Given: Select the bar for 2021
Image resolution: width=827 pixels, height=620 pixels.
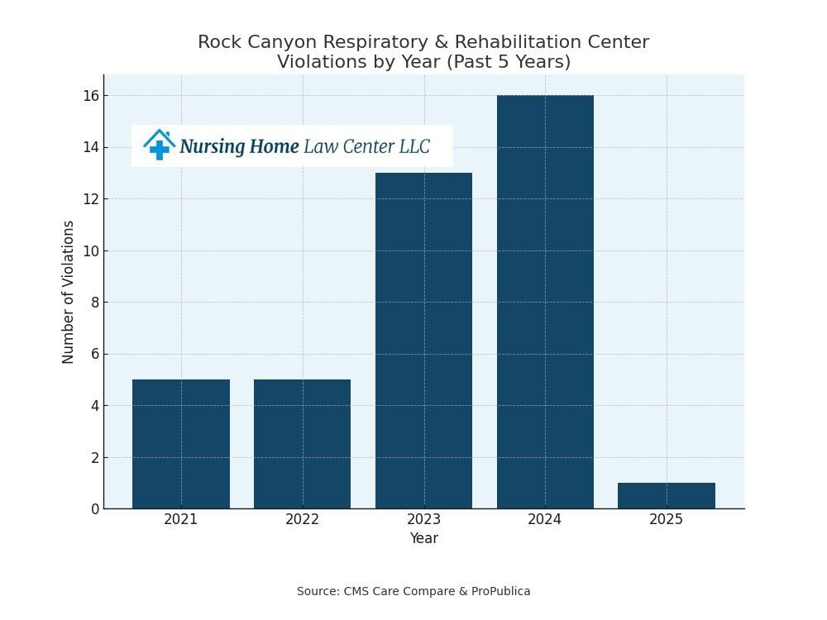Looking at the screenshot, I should [x=181, y=444].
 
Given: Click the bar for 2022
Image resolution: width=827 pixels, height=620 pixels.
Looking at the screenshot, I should [x=302, y=444].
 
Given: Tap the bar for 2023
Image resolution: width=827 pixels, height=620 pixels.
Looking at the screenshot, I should [x=423, y=341].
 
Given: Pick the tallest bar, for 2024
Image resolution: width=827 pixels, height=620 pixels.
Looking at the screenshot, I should [x=545, y=302].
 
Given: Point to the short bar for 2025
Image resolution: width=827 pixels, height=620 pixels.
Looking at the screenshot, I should [x=667, y=496].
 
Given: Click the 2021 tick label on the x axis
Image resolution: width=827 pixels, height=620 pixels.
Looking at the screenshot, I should [x=181, y=519].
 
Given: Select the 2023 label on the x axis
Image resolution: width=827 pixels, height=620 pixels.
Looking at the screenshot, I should [x=423, y=519].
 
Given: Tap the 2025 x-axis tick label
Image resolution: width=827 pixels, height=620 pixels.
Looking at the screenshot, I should [x=667, y=519].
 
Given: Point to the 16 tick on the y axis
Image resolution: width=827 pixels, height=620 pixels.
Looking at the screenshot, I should [x=91, y=96].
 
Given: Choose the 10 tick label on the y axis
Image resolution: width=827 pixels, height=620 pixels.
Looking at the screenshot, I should [x=91, y=250].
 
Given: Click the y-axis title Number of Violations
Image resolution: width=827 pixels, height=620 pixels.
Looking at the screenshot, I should [x=69, y=292].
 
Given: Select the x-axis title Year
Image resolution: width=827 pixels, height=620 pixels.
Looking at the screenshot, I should [x=423, y=539].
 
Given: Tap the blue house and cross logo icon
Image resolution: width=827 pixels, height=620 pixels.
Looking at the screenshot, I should [x=158, y=145].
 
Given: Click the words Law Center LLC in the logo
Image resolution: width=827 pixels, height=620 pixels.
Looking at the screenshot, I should [x=366, y=147].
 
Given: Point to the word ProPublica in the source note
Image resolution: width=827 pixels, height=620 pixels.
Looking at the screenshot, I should [x=500, y=592].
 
